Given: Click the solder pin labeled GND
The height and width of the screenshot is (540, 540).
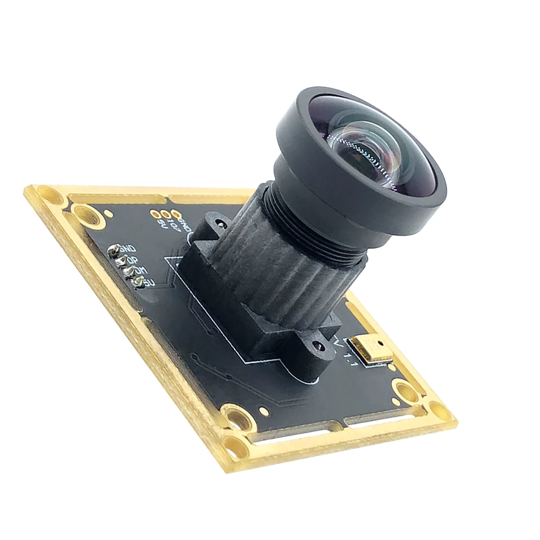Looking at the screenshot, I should [114, 251].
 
